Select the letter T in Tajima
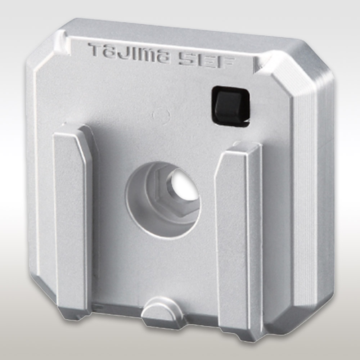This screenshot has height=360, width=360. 96,49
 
